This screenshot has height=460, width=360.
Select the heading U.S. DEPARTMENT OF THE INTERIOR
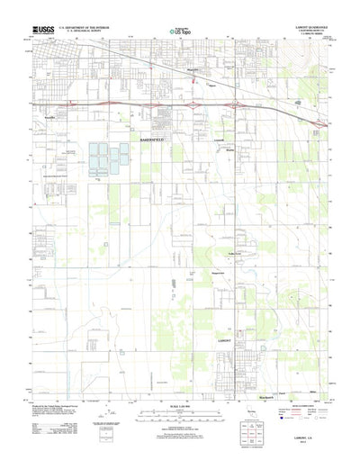tap(84, 27)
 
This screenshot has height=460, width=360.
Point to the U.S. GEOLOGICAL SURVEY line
tap(84, 32)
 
